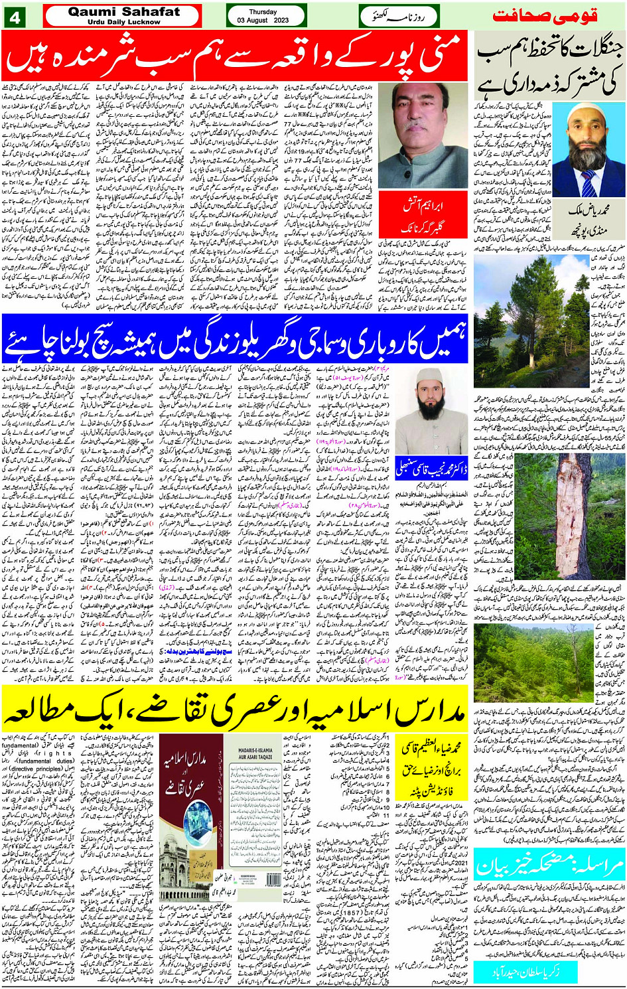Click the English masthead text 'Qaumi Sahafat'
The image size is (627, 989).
pos(123,11)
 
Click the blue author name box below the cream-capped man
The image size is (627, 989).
pos(432,468)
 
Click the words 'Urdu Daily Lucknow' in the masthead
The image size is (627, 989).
pos(123,22)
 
